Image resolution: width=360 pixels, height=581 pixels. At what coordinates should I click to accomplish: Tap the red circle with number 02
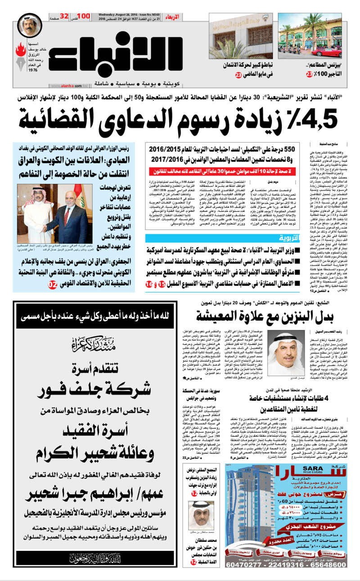[53, 284]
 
